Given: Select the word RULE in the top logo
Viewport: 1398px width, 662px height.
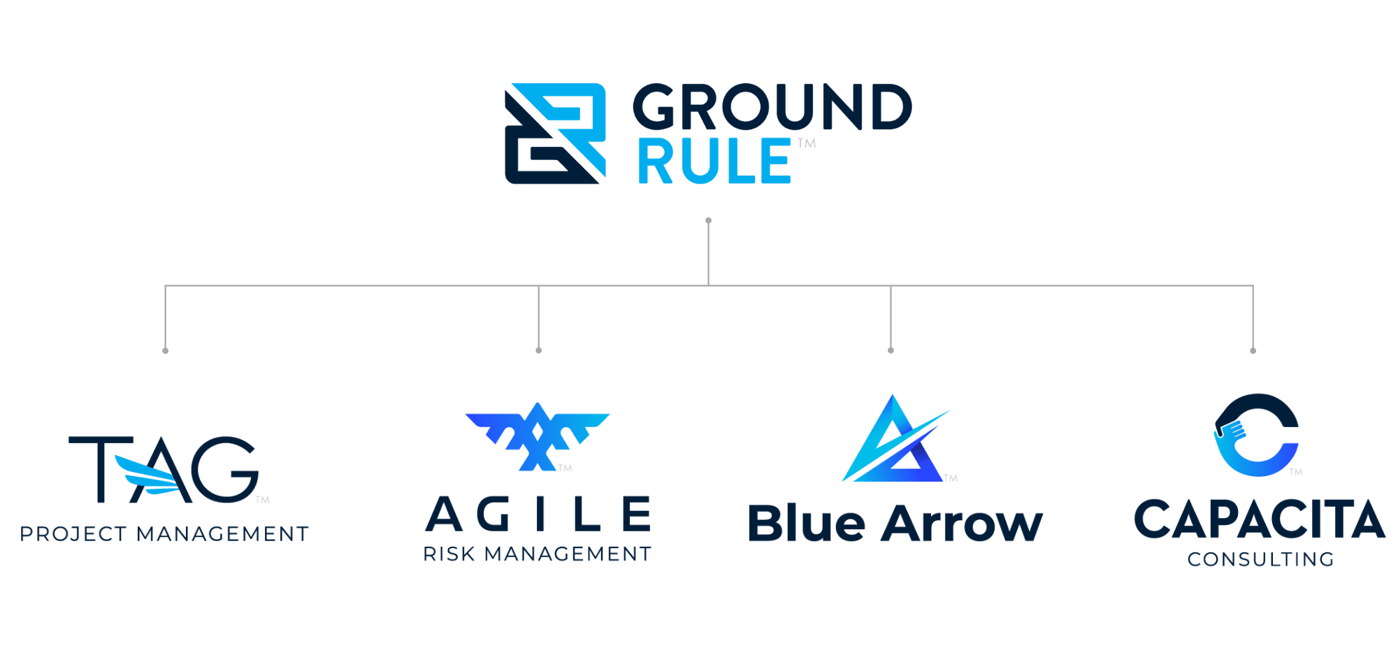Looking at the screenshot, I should pyautogui.click(x=714, y=161).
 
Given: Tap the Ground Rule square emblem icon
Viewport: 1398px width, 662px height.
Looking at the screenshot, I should pyautogui.click(x=555, y=133).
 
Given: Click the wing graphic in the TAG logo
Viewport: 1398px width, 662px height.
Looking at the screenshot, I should pyautogui.click(x=149, y=475).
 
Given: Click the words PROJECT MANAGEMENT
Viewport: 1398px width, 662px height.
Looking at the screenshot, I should pyautogui.click(x=164, y=534).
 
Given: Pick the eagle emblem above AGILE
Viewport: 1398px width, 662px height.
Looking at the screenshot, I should pyautogui.click(x=537, y=435).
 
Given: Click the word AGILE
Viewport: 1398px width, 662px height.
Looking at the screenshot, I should pyautogui.click(x=538, y=515).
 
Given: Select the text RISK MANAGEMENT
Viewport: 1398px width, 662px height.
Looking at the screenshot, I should pyautogui.click(x=537, y=554).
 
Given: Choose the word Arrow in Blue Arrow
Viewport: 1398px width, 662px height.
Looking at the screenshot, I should pyautogui.click(x=961, y=524).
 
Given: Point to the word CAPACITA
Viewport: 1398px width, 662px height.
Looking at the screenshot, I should pyautogui.click(x=1259, y=519).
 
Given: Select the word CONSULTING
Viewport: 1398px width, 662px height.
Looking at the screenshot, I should pyautogui.click(x=1261, y=559).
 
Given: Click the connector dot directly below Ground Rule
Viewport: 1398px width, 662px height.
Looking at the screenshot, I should pyautogui.click(x=709, y=221).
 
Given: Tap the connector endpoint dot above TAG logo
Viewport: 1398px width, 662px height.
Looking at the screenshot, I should pyautogui.click(x=165, y=350).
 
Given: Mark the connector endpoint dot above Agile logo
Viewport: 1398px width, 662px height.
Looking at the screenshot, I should pyautogui.click(x=538, y=350).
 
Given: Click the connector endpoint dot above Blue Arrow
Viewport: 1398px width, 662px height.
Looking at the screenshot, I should pyautogui.click(x=891, y=350).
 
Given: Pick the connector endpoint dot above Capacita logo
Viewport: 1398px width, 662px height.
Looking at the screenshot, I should pyautogui.click(x=1253, y=350).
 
